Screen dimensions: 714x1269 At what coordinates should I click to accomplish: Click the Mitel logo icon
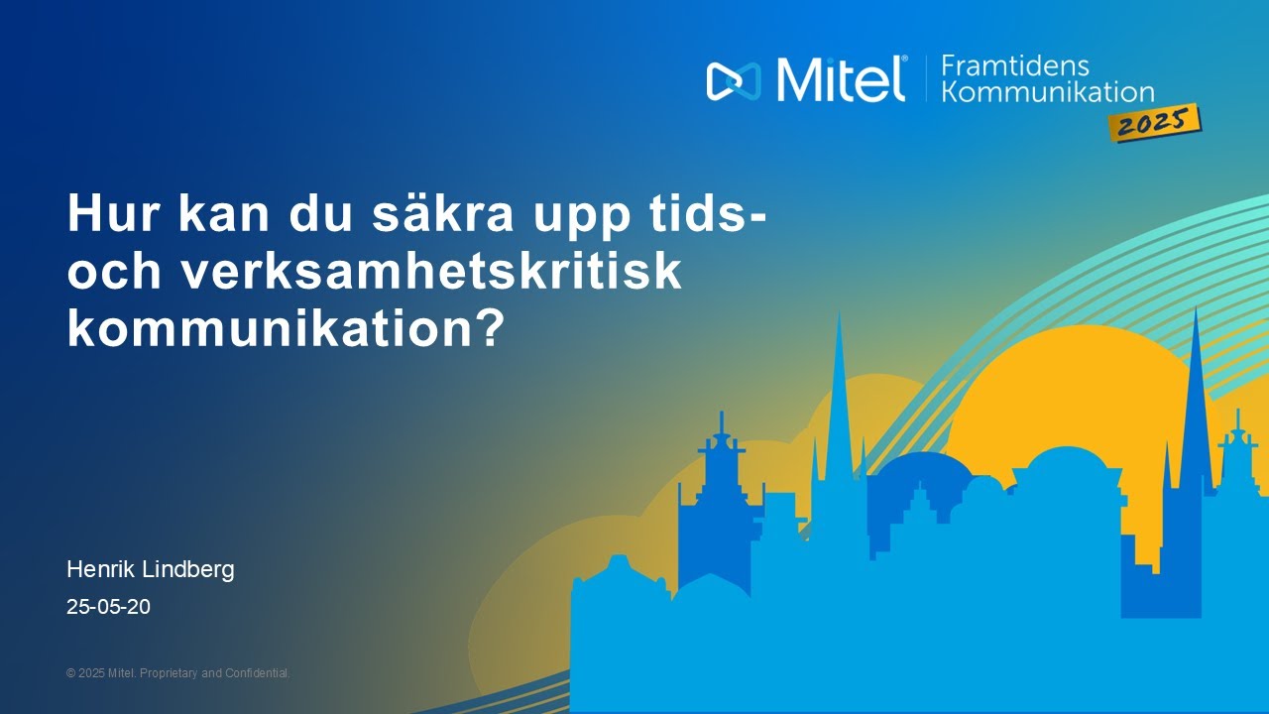pyautogui.click(x=733, y=80)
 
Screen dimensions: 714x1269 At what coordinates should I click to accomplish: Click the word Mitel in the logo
pyautogui.click(x=840, y=78)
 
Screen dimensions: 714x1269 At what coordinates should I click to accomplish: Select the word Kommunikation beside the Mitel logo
pyautogui.click(x=1047, y=92)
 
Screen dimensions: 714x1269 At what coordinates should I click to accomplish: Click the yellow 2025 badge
pyautogui.click(x=1156, y=124)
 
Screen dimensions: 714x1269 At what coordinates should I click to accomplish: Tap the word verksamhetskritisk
pyautogui.click(x=430, y=271)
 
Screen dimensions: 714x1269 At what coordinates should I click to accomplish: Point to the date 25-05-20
pyautogui.click(x=108, y=606)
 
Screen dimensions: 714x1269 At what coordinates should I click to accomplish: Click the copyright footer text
pyautogui.click(x=177, y=673)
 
